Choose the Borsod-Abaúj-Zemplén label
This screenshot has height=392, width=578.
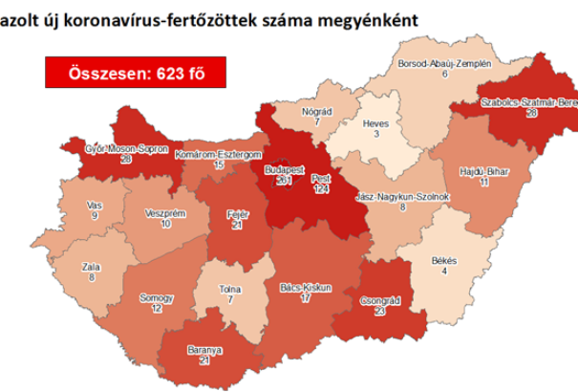coord(444,63)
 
